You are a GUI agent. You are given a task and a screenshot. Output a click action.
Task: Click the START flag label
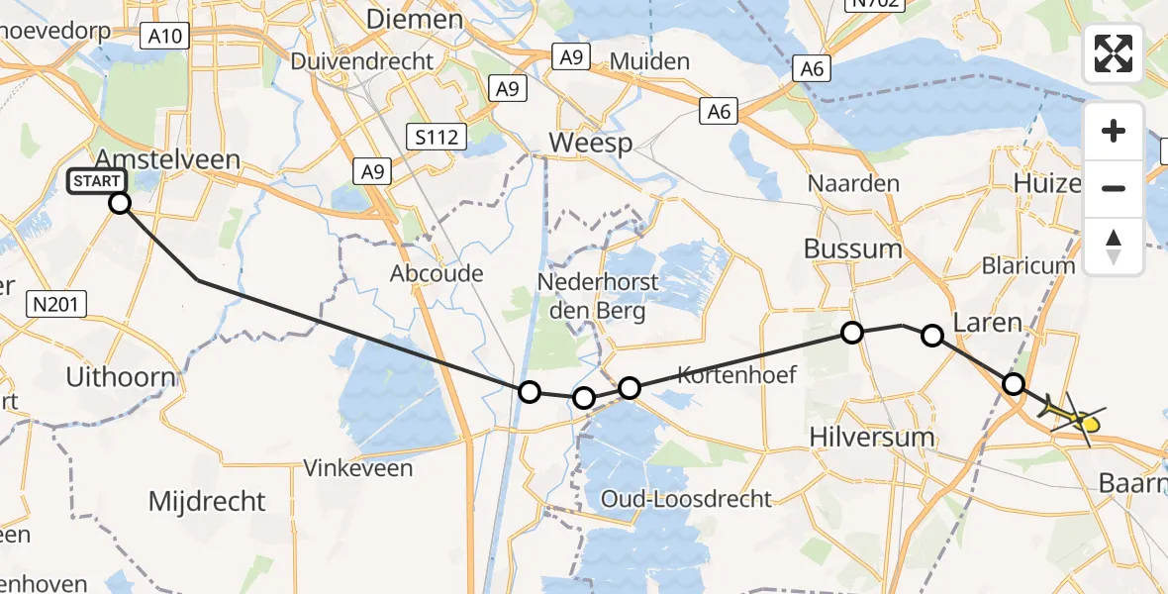(x=97, y=181)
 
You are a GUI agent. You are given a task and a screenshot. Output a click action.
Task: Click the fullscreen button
(x=1114, y=53)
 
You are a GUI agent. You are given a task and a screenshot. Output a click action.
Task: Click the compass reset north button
(x=1114, y=247)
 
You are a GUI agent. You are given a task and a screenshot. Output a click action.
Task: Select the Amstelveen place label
(x=167, y=159)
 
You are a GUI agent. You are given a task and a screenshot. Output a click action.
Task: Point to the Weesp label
(x=590, y=143)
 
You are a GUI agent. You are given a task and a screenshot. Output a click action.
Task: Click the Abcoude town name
(x=437, y=273)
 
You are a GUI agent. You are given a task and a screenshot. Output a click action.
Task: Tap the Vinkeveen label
(x=358, y=467)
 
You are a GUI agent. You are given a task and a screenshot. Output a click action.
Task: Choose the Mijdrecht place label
(x=207, y=501)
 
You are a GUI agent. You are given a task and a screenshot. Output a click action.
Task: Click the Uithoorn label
(x=120, y=376)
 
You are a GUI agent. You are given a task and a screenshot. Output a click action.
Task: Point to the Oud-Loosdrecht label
(x=685, y=498)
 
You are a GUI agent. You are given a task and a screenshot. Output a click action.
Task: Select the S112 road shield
(x=437, y=136)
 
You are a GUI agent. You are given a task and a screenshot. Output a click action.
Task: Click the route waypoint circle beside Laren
(x=932, y=336)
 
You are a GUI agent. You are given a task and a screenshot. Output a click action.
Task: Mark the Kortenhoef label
(x=736, y=374)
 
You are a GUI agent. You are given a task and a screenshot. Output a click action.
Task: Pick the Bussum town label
(x=853, y=248)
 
